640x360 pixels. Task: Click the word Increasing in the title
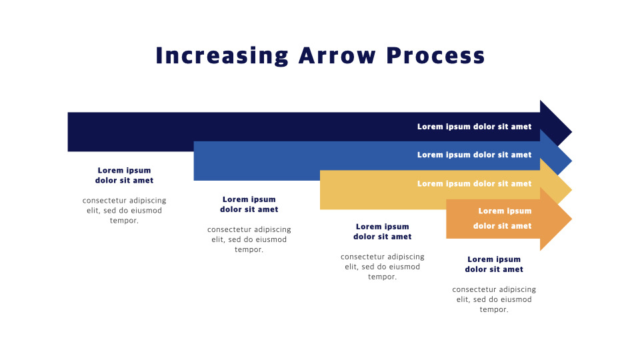pyautogui.click(x=221, y=56)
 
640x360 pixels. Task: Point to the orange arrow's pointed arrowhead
pyautogui.click(x=557, y=219)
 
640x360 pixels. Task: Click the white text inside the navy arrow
pyautogui.click(x=474, y=127)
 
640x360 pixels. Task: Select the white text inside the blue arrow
pyautogui.click(x=474, y=155)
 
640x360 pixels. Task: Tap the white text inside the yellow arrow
pyautogui.click(x=474, y=183)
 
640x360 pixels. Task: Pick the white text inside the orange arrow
pyautogui.click(x=504, y=218)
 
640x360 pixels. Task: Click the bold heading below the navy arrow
pyautogui.click(x=124, y=175)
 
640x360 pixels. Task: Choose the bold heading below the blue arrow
pyautogui.click(x=249, y=204)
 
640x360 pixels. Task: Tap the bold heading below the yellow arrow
pyautogui.click(x=382, y=231)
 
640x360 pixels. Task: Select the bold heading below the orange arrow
pyautogui.click(x=494, y=264)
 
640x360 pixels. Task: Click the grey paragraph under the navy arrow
pyautogui.click(x=124, y=210)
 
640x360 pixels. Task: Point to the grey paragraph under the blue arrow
pyautogui.click(x=249, y=239)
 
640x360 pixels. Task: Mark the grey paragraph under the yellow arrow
pyautogui.click(x=382, y=267)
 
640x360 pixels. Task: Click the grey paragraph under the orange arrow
pyautogui.click(x=494, y=299)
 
